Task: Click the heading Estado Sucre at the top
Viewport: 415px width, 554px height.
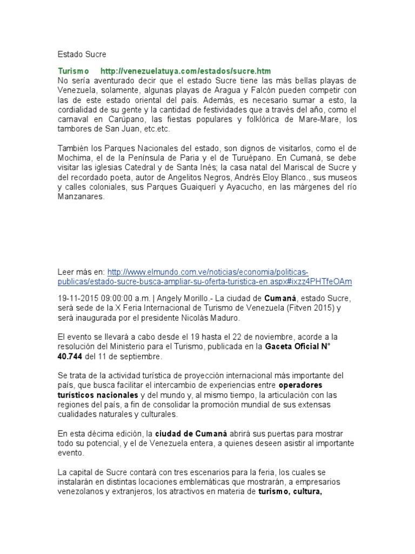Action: click(82, 54)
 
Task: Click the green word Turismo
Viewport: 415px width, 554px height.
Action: click(73, 71)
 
